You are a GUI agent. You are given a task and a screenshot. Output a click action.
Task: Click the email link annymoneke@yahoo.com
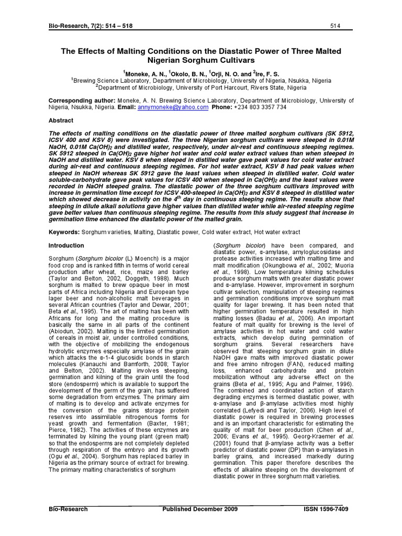click(173, 107)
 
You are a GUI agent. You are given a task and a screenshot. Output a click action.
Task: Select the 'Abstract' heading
click(61, 120)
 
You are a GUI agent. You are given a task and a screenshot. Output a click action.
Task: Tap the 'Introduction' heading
click(66, 245)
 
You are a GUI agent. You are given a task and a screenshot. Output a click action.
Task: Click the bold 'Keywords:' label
click(64, 231)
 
